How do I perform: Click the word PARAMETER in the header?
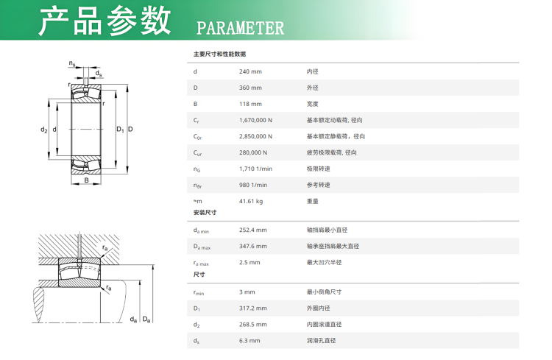coord(240,28)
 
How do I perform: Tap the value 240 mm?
coord(250,71)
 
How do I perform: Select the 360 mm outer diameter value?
coord(250,88)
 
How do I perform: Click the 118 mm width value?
coord(250,104)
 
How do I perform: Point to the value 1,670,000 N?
coord(255,120)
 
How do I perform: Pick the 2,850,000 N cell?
coord(255,136)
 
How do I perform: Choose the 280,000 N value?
coord(253,152)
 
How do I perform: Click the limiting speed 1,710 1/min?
coord(255,169)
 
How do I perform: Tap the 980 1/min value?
coord(253,185)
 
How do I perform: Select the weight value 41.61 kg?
coord(251,201)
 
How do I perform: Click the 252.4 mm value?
coord(252,230)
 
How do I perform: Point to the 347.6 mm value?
coord(252,246)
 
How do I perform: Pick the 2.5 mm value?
coord(250,262)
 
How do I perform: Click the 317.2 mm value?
coord(252,308)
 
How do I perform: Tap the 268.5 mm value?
coord(252,325)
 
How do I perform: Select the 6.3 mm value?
coord(250,341)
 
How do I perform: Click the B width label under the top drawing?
coord(86,180)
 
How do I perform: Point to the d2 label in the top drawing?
coord(43,130)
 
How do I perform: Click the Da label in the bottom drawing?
coord(146,320)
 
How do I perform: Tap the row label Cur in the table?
coord(197,153)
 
